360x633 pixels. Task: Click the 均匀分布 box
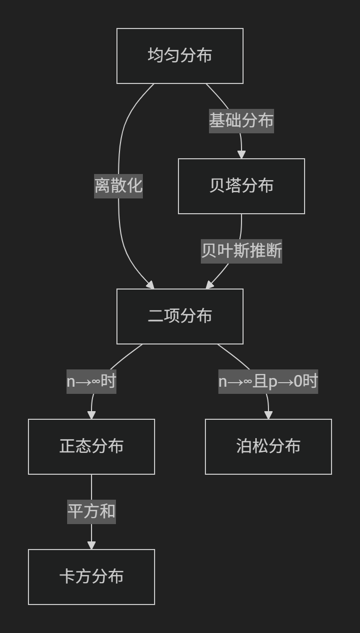coord(179,55)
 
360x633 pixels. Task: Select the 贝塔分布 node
coord(241,186)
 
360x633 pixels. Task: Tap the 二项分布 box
coord(179,316)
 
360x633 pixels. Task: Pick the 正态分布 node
coord(91,446)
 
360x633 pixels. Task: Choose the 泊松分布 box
coord(268,446)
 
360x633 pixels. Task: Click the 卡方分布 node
coord(91,577)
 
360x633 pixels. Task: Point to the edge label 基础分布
coord(241,121)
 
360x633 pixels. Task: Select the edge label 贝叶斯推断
coord(241,251)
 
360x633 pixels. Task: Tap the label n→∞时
coord(92,381)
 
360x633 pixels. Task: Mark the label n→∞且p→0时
coord(268,381)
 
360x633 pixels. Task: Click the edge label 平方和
coord(92,511)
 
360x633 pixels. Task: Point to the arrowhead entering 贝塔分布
coord(242,155)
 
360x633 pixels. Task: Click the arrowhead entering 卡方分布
coord(92,545)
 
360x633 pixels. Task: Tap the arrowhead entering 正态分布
coord(92,415)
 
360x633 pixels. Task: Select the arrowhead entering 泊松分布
coord(268,415)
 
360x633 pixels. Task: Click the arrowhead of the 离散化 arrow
coord(151,285)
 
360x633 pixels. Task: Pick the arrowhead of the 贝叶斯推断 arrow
coord(209,285)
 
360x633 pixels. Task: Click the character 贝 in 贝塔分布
coord(217,186)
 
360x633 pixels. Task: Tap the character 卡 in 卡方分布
coord(67,577)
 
